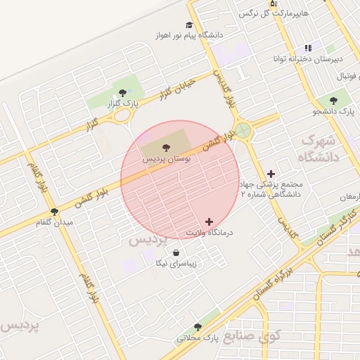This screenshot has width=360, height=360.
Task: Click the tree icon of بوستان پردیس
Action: coord(166,148)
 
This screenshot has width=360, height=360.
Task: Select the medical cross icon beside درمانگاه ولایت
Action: coord(209,221)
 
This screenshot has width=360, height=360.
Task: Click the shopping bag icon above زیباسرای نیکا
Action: coord(175,253)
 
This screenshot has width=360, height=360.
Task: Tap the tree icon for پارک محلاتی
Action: coord(198,327)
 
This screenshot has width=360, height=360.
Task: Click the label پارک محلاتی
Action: coord(198,337)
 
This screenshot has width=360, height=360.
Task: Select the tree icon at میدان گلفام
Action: coord(54,211)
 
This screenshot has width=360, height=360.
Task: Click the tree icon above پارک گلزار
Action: coord(123,92)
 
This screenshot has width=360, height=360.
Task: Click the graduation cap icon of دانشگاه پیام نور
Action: coord(190,24)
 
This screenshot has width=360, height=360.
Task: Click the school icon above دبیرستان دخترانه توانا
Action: coord(308,48)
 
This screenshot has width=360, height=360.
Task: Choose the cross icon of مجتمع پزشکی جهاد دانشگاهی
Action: coord(271,173)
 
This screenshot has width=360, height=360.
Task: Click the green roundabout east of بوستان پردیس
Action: coord(243,131)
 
